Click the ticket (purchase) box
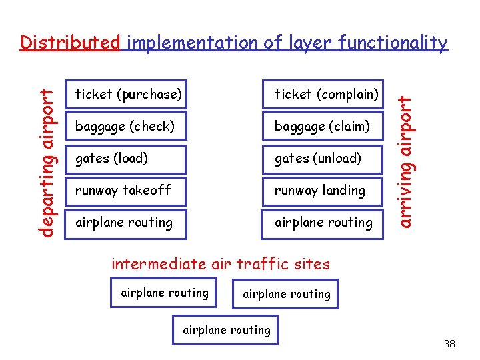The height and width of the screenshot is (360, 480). click(127, 95)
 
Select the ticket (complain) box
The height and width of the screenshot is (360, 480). click(323, 95)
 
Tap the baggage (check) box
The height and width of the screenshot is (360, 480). click(127, 126)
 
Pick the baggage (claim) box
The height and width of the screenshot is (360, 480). click(323, 126)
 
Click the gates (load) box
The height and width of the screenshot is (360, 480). click(127, 158)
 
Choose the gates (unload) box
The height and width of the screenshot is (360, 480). click(323, 158)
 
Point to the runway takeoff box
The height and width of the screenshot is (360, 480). click(127, 190)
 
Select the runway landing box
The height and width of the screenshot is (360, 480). click(323, 190)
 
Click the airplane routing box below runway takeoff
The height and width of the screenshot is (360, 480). click(127, 222)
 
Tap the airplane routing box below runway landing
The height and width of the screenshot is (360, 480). click(323, 222)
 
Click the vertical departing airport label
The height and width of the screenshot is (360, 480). click(46, 153)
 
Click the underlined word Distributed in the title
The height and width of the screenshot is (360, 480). click(70, 43)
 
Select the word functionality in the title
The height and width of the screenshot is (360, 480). click(393, 43)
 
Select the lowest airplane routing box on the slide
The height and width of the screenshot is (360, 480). click(227, 330)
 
